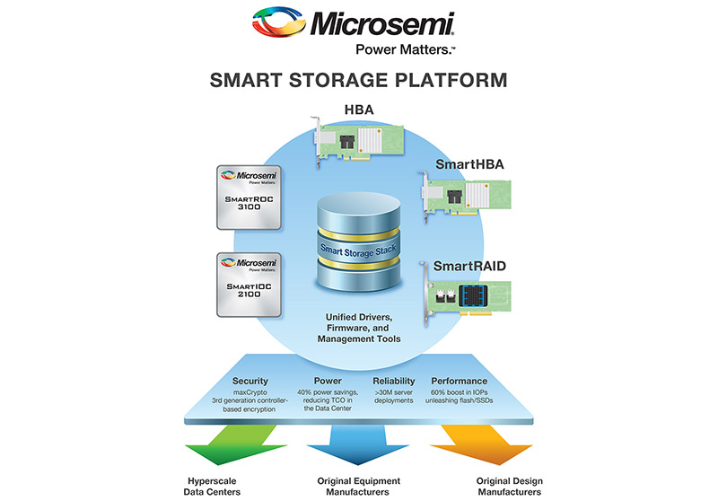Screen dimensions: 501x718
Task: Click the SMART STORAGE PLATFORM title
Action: [358, 80]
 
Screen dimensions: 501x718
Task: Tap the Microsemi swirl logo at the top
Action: [278, 23]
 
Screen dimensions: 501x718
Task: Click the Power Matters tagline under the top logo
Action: [399, 49]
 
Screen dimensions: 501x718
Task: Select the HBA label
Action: [359, 110]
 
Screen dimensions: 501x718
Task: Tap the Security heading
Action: [250, 381]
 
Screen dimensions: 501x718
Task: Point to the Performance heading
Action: [460, 381]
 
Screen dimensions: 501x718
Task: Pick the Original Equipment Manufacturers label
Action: [358, 485]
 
